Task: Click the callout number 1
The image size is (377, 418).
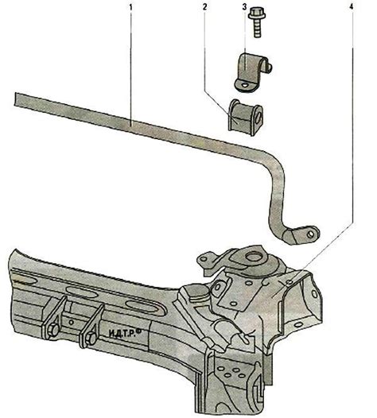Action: pos(130,7)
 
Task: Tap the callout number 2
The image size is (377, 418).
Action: pos(204,7)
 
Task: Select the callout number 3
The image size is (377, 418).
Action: pos(244,7)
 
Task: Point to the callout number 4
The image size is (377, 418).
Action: pos(352,7)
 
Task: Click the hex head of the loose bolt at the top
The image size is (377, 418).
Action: pos(255,14)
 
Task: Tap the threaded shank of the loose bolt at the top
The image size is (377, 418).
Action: pos(257,28)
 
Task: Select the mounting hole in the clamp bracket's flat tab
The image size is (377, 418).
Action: pos(244,85)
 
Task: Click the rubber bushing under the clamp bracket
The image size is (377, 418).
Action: pos(245,115)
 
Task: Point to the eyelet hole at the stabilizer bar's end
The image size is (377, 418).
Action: pos(310,234)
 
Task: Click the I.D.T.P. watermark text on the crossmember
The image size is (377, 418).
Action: pos(122,333)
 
